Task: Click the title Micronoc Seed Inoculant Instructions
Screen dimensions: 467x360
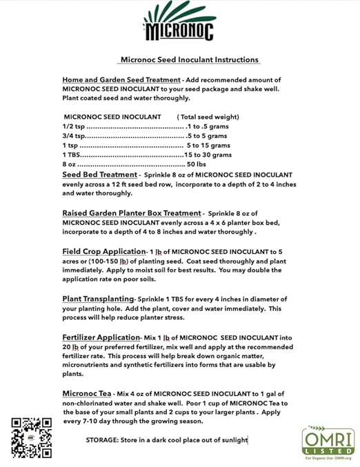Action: click(x=189, y=60)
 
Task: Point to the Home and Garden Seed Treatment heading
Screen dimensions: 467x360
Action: click(x=121, y=79)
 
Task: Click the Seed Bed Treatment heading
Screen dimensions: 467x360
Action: click(x=100, y=175)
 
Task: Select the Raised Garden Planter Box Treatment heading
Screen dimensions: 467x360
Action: click(x=132, y=213)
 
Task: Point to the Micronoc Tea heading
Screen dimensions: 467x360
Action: click(x=88, y=393)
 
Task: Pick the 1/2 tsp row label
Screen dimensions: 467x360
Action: click(x=72, y=126)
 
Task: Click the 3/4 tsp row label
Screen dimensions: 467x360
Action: click(x=72, y=136)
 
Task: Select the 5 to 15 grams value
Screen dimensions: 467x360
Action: click(x=208, y=146)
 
